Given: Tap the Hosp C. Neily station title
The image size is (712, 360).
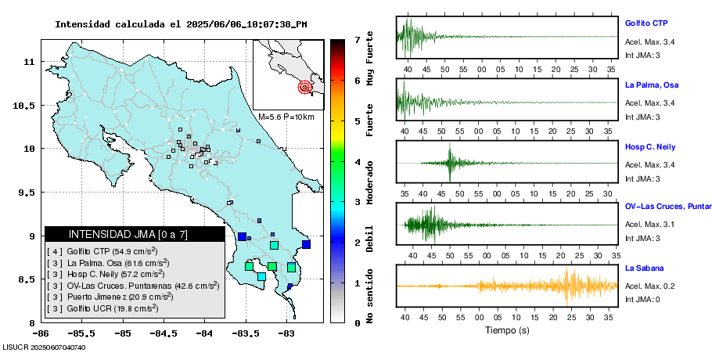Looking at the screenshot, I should point(649,146).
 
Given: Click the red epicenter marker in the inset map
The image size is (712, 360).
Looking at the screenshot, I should point(304,88).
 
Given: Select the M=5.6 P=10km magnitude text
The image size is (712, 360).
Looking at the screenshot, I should point(286,117).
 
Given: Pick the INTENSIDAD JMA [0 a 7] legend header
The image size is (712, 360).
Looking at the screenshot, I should point(117,234).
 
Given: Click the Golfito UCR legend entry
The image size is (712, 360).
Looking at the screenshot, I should point(102,308).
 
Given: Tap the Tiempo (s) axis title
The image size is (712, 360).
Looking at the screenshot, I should point(507,330).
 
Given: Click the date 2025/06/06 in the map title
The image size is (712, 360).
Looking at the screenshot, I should point(213,24).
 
